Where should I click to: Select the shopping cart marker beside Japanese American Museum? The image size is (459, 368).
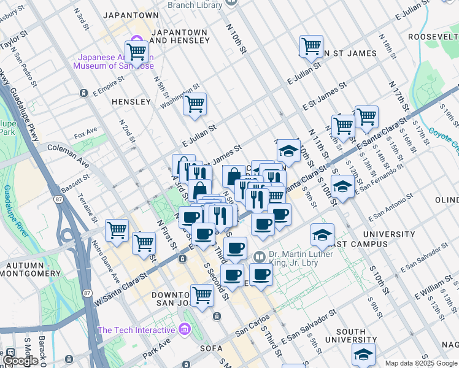[x=136, y=52]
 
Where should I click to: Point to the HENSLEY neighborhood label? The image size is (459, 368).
[x=131, y=101]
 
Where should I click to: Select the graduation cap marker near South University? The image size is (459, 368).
[x=363, y=355]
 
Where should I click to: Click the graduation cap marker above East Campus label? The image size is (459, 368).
[x=322, y=235]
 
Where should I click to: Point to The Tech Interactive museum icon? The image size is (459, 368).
[x=185, y=331]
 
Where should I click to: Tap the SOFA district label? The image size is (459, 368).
[x=213, y=348]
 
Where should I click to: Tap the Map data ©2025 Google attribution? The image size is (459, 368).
[x=421, y=363]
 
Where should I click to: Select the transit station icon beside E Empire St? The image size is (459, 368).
[x=83, y=93]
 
